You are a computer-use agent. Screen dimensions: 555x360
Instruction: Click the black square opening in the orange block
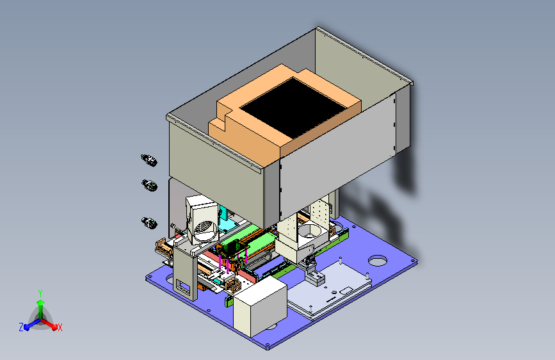(293, 108)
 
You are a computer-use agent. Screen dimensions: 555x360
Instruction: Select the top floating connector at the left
(149, 160)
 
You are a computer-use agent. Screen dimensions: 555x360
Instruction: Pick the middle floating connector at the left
(150, 185)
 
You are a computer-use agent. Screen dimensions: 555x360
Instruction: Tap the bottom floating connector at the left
(149, 223)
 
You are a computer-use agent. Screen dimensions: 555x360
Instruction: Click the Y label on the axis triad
(40, 293)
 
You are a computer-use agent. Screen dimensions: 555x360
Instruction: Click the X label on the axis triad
(60, 328)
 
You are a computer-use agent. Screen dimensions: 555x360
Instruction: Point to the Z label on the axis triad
(21, 327)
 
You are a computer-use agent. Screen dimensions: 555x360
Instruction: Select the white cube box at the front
(260, 307)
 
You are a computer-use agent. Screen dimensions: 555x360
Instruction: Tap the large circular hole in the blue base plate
(378, 261)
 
